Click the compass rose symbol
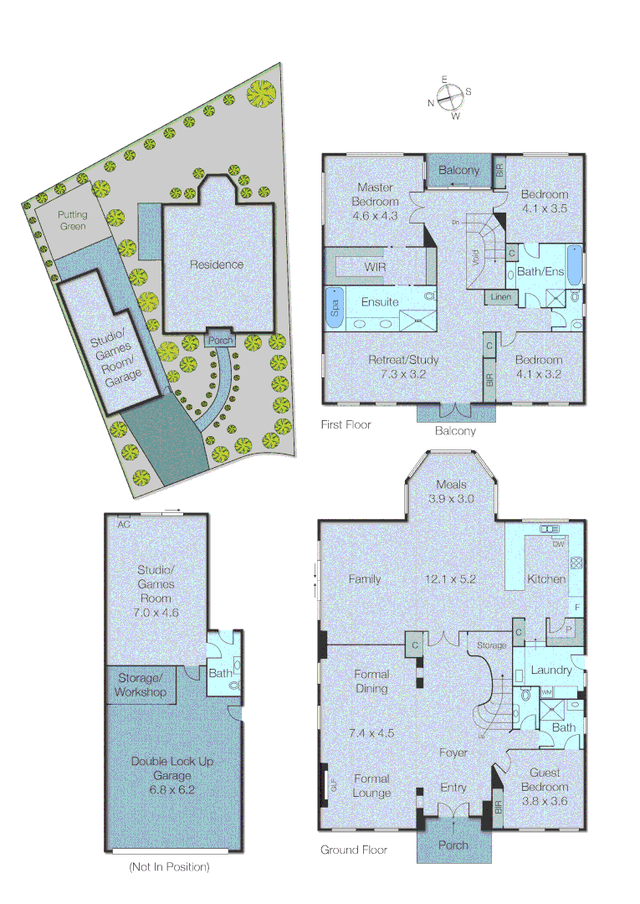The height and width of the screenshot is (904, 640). (x=449, y=97)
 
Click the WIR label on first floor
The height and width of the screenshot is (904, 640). (x=375, y=267)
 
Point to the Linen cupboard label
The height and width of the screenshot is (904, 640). (x=499, y=297)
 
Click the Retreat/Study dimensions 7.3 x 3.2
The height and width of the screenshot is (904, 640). (x=403, y=374)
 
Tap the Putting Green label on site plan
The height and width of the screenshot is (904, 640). (x=72, y=220)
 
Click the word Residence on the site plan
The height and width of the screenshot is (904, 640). (x=217, y=265)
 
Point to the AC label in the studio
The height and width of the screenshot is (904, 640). (x=124, y=524)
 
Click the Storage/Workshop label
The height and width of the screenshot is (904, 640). (x=141, y=685)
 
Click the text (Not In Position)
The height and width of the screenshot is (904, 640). (x=169, y=867)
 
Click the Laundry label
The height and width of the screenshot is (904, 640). (x=550, y=670)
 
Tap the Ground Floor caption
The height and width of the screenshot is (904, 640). (x=353, y=850)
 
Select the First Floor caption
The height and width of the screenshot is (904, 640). (x=346, y=424)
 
